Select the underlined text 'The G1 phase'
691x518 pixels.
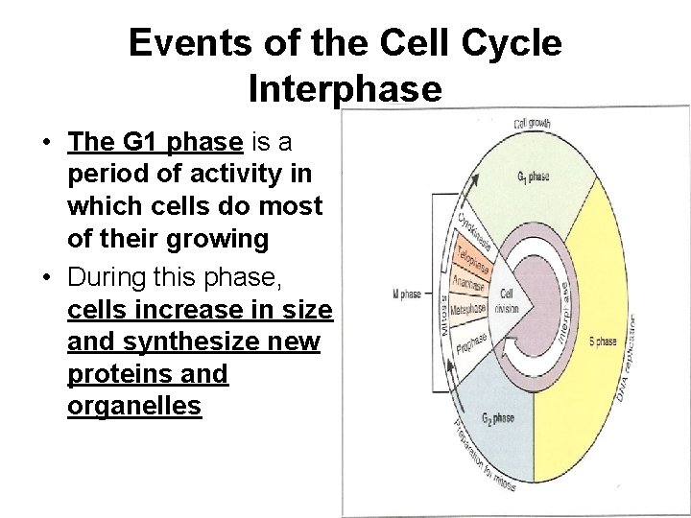point(155,143)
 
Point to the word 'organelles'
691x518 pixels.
point(134,405)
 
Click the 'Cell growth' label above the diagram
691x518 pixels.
point(532,123)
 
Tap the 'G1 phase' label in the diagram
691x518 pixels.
point(533,177)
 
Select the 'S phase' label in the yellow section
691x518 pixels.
point(604,341)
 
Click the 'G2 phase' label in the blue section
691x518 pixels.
point(499,418)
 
